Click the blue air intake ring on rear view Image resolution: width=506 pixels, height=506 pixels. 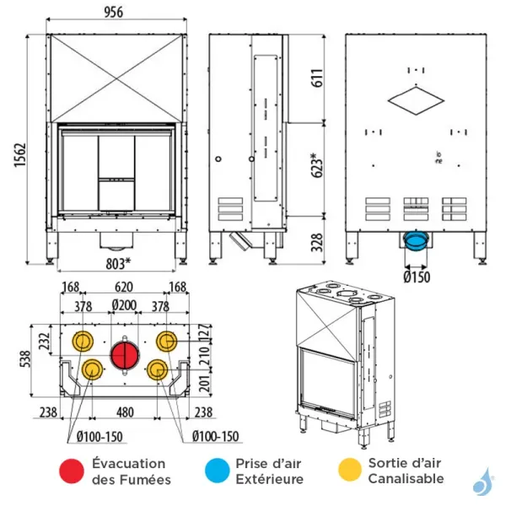pyautogui.click(x=415, y=241)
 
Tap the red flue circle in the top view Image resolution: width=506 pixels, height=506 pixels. pyautogui.click(x=125, y=354)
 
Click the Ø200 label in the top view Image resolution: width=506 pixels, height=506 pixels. pyautogui.click(x=125, y=304)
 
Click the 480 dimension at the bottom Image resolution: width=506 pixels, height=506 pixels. pyautogui.click(x=124, y=413)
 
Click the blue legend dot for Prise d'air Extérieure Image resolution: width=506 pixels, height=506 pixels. pyautogui.click(x=218, y=471)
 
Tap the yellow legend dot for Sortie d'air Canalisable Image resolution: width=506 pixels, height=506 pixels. pyautogui.click(x=347, y=471)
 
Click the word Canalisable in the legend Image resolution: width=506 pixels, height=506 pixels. pyautogui.click(x=406, y=479)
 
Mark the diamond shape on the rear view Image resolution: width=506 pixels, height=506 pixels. pyautogui.click(x=416, y=100)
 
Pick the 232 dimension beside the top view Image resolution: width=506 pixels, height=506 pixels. pyautogui.click(x=45, y=341)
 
